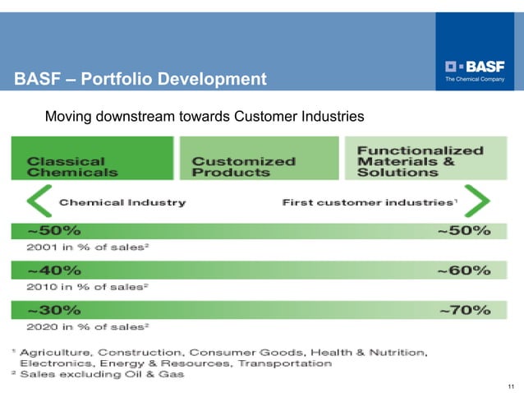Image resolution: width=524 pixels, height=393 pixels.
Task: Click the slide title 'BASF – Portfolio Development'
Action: (140, 80)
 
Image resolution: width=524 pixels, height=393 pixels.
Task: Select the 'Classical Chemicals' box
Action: (92, 159)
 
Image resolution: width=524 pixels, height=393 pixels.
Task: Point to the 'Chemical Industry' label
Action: (122, 202)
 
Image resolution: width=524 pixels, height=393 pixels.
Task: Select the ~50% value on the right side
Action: (464, 231)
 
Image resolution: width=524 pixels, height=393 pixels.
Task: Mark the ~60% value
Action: (464, 270)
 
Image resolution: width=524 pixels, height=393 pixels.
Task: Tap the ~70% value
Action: (464, 310)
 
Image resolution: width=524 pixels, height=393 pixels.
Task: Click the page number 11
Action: (511, 386)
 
